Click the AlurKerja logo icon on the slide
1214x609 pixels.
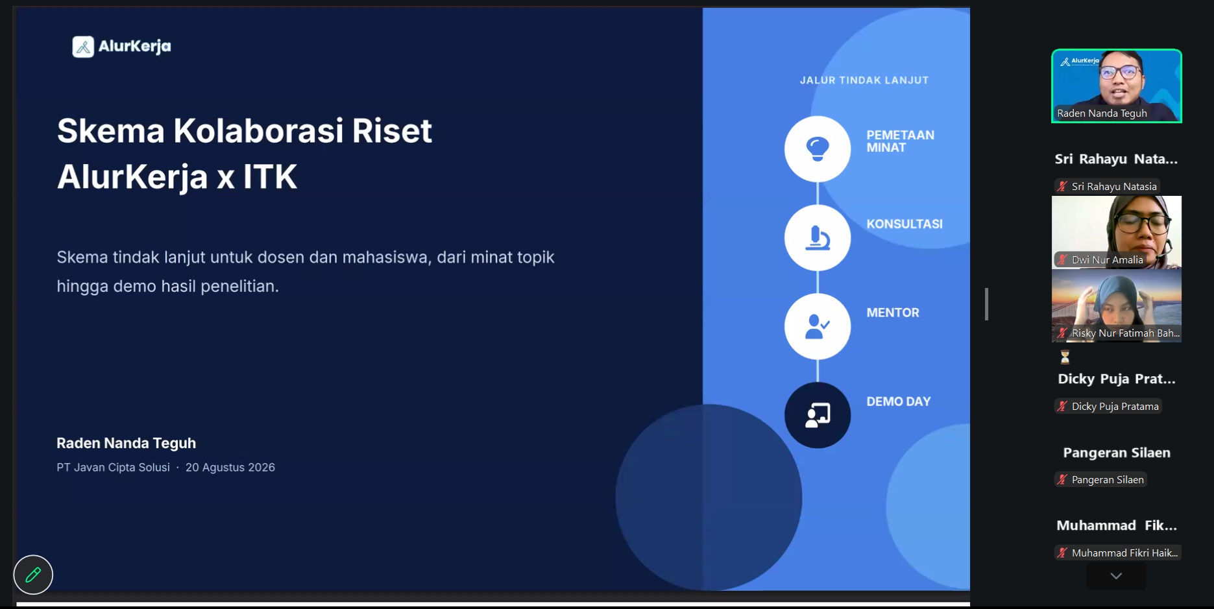pos(83,47)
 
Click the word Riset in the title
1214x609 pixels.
pos(391,130)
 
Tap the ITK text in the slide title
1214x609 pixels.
pos(270,176)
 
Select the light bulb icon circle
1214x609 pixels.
pos(818,149)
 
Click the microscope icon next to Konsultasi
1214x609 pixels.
pos(818,237)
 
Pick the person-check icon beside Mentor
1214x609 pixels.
pos(818,326)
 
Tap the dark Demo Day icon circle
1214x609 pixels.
pos(818,415)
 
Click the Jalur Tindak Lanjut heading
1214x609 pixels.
pos(864,80)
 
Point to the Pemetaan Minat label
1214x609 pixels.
pos(901,141)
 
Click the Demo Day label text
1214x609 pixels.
pos(899,401)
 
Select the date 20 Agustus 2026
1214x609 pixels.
pos(230,468)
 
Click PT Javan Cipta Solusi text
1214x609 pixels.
pos(113,468)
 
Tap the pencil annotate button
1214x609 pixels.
pos(33,575)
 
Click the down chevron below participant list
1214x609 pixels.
pos(1116,576)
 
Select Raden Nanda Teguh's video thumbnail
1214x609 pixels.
pos(1117,86)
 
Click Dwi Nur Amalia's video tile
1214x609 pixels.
pos(1117,232)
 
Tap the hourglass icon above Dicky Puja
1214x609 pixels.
pos(1065,357)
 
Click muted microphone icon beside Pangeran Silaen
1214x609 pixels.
pos(1062,480)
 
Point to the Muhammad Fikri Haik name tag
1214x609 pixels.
pos(1117,553)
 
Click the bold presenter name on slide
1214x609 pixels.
pos(126,443)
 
